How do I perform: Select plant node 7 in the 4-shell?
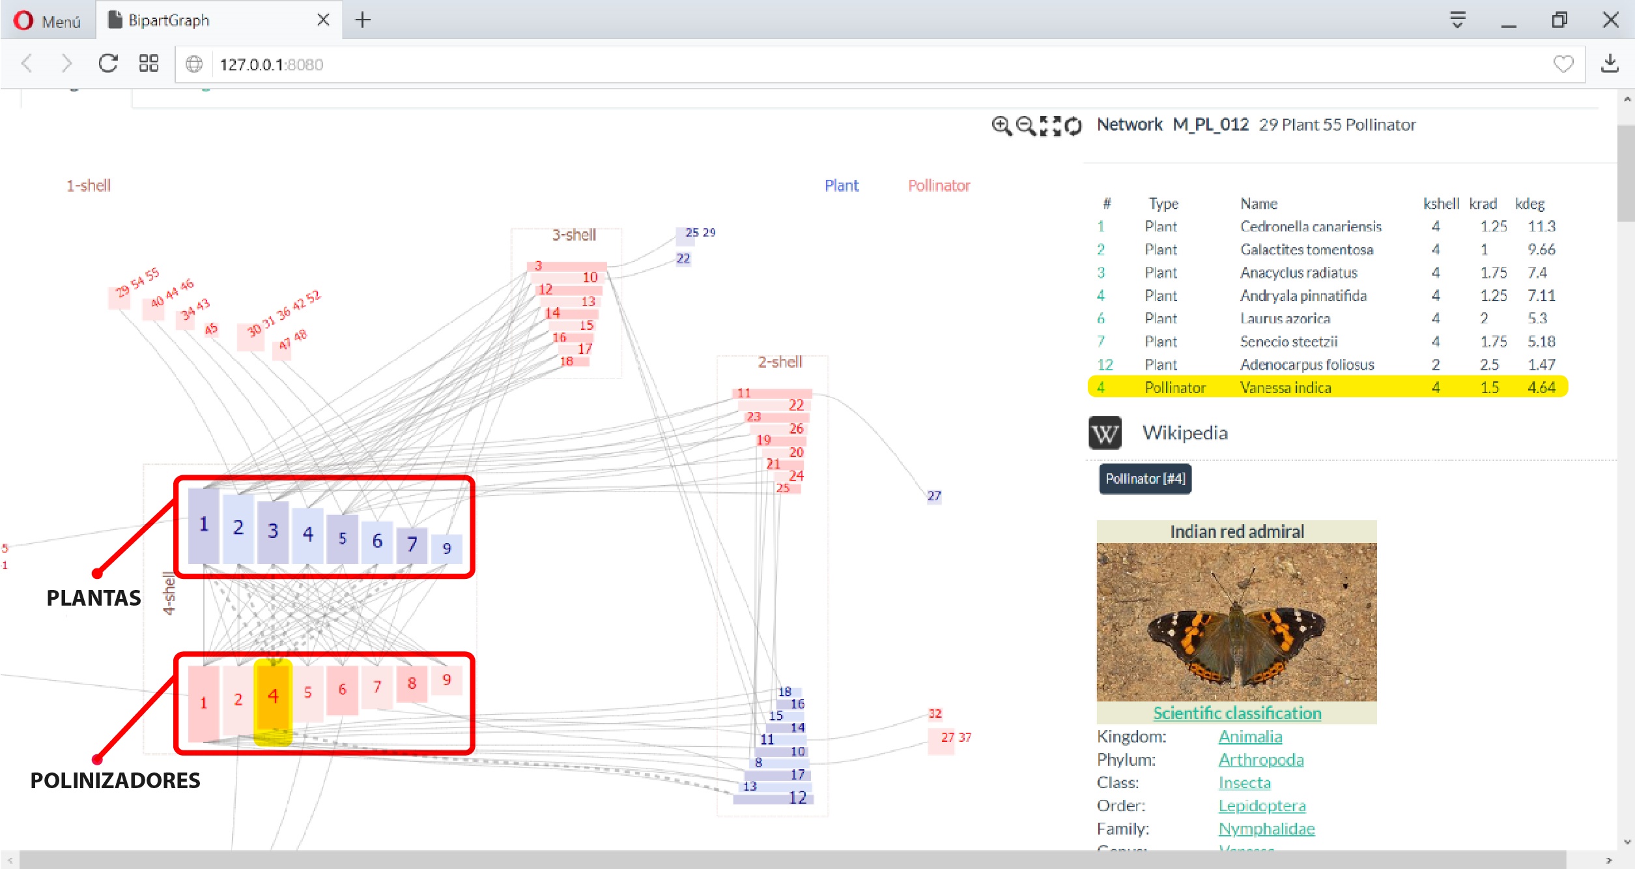(412, 544)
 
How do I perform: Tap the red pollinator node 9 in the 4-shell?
(447, 681)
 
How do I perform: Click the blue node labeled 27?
(934, 496)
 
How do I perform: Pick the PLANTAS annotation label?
(94, 598)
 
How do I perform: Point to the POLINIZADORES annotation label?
(115, 780)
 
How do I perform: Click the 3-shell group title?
(574, 235)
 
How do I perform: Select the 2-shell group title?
(780, 362)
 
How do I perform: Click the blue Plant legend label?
(842, 186)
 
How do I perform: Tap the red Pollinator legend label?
(939, 186)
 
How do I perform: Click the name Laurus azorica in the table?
(1285, 319)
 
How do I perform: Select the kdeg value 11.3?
(1541, 226)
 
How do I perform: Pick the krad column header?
(1483, 204)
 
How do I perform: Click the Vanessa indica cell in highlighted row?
(1285, 388)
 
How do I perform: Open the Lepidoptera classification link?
(1262, 806)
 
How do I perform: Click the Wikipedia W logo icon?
(1105, 433)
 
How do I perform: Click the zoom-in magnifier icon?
(1001, 125)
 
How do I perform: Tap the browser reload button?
(108, 64)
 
